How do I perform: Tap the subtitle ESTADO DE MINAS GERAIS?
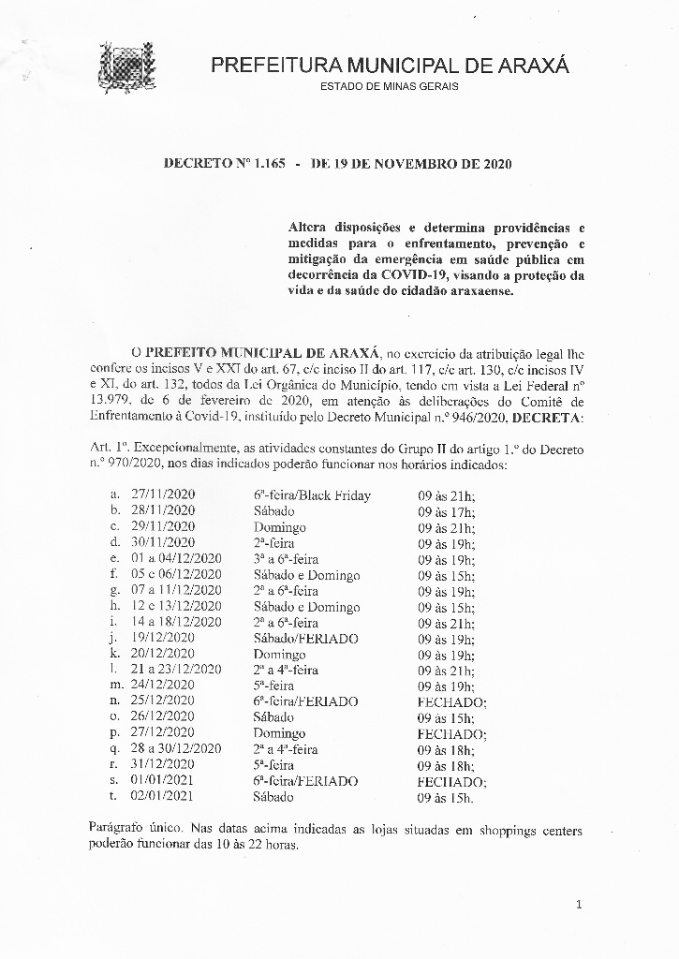(390, 87)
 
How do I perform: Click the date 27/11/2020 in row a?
(163, 495)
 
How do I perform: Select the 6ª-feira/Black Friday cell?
(312, 495)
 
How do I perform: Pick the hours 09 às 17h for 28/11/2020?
(446, 511)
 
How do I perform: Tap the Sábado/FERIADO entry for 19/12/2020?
(305, 639)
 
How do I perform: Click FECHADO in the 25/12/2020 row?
(451, 701)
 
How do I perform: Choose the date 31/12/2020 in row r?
(163, 765)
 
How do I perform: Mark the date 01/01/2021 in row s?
(163, 781)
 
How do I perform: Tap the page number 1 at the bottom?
(580, 904)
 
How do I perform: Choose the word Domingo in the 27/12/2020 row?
(279, 733)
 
